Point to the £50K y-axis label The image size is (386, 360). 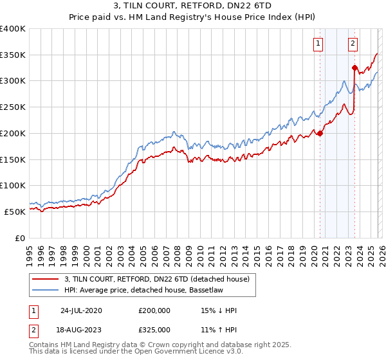tap(15, 212)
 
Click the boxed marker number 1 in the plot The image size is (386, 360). tap(319, 44)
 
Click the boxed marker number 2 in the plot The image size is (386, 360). tap(353, 44)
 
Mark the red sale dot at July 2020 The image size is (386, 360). tap(320, 133)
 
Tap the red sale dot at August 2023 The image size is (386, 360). tap(354, 67)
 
